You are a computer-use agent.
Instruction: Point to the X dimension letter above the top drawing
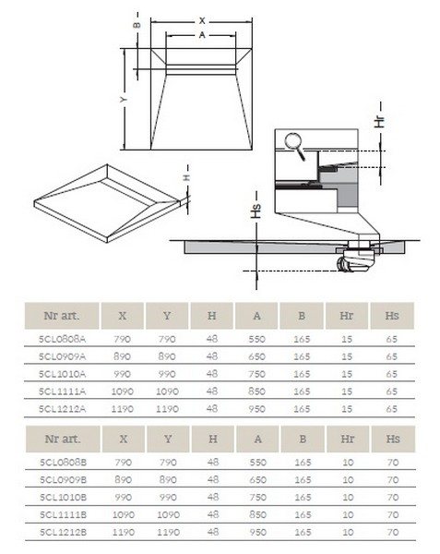pyautogui.click(x=201, y=19)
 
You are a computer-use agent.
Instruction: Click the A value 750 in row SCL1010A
pyautogui.click(x=257, y=374)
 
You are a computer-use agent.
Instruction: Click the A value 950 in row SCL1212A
pyautogui.click(x=257, y=406)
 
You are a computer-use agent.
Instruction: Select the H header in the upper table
pyautogui.click(x=212, y=313)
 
